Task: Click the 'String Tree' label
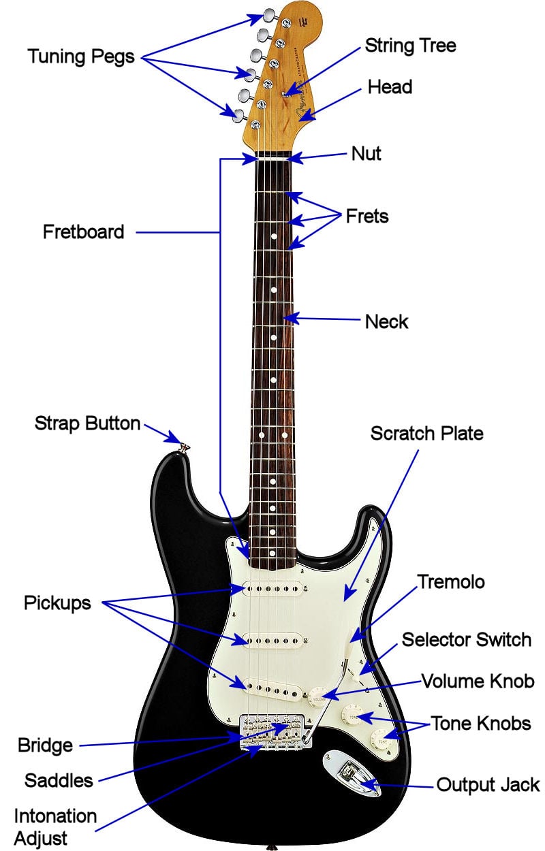tap(410, 46)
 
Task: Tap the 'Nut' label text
tap(366, 153)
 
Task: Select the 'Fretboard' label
tap(83, 231)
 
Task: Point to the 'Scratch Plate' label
tap(426, 433)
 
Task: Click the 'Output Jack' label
tap(488, 784)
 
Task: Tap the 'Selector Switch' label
tap(467, 639)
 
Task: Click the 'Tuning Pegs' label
tap(81, 57)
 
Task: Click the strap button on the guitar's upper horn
tap(185, 448)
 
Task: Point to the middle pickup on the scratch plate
tap(272, 641)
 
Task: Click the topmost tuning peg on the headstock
tap(270, 15)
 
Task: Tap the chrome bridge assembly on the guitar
tap(274, 731)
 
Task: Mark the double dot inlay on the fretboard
tap(273, 434)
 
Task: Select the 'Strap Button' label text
tap(87, 423)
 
